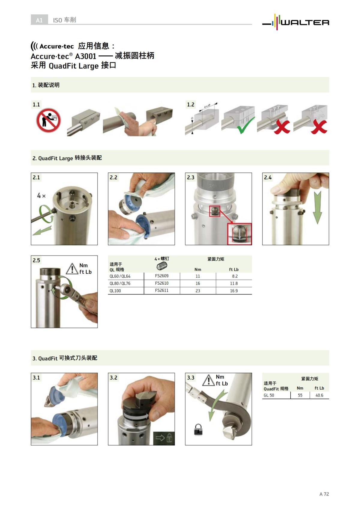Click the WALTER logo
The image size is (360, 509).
click(295, 22)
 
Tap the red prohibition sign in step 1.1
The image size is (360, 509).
click(48, 121)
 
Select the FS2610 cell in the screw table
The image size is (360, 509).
click(162, 283)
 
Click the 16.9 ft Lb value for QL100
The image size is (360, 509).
click(234, 291)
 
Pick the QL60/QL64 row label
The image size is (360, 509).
click(120, 276)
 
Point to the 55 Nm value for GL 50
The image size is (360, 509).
click(300, 395)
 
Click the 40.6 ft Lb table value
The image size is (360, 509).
click(319, 395)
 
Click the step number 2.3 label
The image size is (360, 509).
click(191, 178)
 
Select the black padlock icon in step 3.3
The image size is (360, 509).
click(198, 430)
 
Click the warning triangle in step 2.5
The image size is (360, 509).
click(72, 269)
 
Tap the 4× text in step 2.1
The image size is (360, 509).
click(41, 196)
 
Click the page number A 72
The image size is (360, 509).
click(324, 494)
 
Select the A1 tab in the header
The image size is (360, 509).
click(39, 20)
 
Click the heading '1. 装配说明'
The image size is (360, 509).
click(46, 85)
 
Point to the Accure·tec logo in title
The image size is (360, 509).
click(52, 46)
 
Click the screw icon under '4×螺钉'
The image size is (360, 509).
click(162, 266)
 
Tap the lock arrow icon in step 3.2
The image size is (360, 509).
click(164, 438)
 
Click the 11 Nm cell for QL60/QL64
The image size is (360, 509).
click(198, 276)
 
